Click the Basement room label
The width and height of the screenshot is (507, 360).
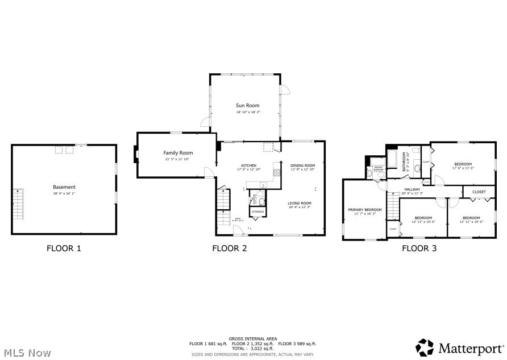tap(64, 187)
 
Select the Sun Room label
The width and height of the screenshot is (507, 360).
tap(248, 106)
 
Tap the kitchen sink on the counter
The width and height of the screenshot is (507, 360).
tap(263, 184)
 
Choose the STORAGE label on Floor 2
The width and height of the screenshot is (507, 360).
tap(257, 212)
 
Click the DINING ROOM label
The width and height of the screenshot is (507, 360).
tap(302, 165)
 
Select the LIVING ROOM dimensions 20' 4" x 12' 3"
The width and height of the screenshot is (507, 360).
tap(299, 208)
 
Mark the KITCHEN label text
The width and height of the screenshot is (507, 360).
tap(248, 165)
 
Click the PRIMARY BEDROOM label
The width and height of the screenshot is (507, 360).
tap(365, 209)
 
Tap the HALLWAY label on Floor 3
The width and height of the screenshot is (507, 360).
tap(412, 189)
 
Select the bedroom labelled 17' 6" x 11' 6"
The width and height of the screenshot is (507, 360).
tap(463, 168)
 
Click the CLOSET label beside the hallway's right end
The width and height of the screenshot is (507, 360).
tap(479, 192)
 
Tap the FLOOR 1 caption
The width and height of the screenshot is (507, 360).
tap(64, 248)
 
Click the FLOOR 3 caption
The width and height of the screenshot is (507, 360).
tap(419, 248)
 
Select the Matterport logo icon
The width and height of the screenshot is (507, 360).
tap(425, 346)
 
